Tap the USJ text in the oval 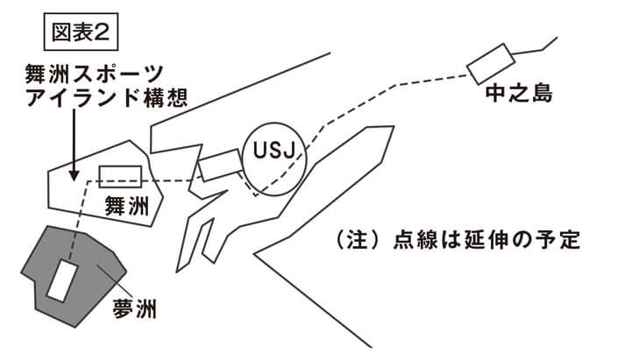point(271,152)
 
